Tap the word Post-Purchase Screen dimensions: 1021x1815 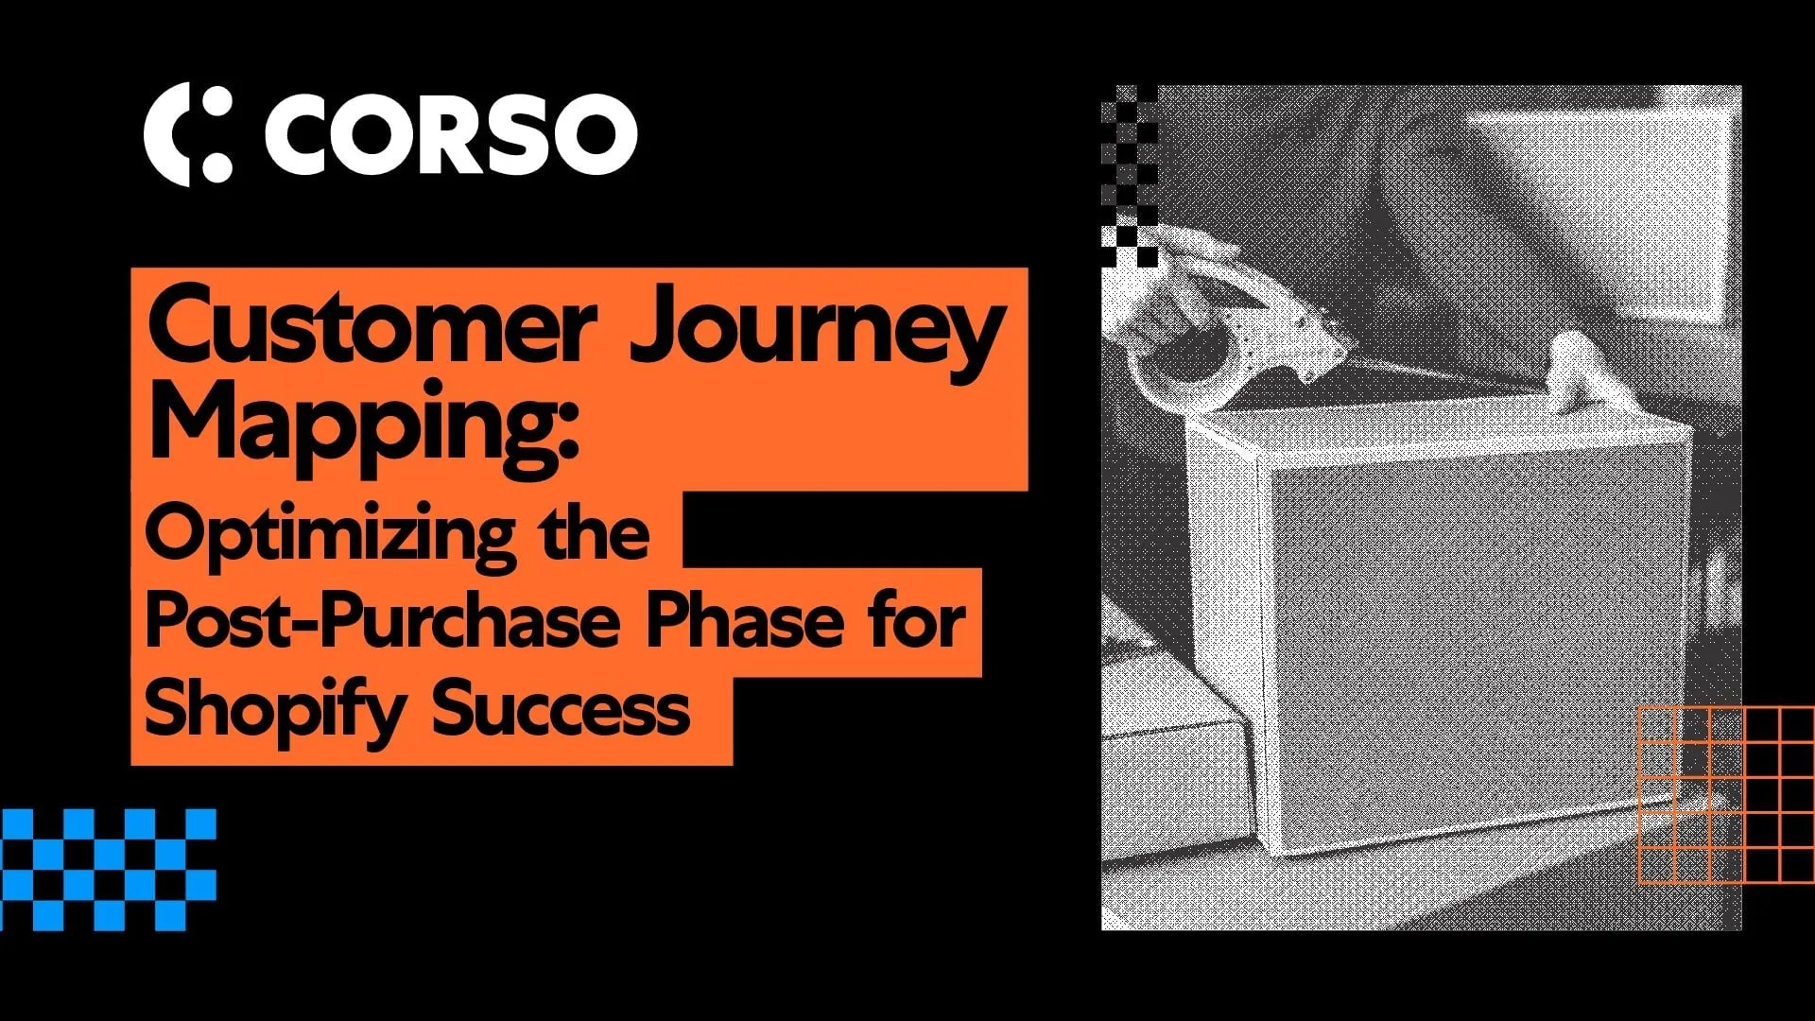(x=382, y=622)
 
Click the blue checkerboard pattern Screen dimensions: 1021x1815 (x=108, y=869)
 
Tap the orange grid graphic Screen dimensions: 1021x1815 (x=1725, y=794)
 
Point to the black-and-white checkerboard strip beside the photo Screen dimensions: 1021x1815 (x=1130, y=175)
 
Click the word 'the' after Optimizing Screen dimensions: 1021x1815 (x=595, y=533)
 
